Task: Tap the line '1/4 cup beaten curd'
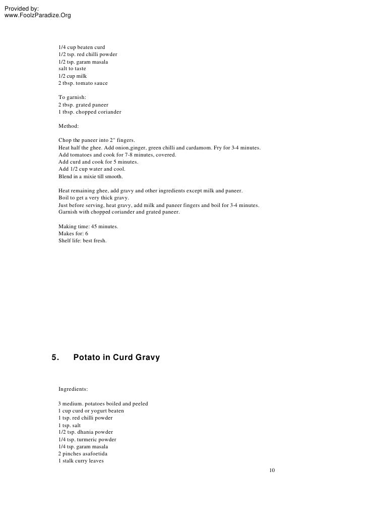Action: tap(82, 47)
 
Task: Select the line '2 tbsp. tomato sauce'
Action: tap(83, 83)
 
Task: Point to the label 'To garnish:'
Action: tap(73, 97)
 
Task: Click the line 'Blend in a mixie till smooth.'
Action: tap(90, 177)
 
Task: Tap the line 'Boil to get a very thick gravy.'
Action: tap(94, 198)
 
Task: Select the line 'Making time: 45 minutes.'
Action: tap(88, 227)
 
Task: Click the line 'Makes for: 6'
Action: tap(73, 234)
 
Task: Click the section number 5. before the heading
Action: tap(55, 357)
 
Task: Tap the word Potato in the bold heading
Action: tap(87, 357)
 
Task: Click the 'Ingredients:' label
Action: tap(73, 389)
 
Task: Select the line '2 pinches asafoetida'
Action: tap(83, 454)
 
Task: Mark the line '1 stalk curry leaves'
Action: tap(81, 461)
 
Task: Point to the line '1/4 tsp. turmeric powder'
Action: tap(87, 439)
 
